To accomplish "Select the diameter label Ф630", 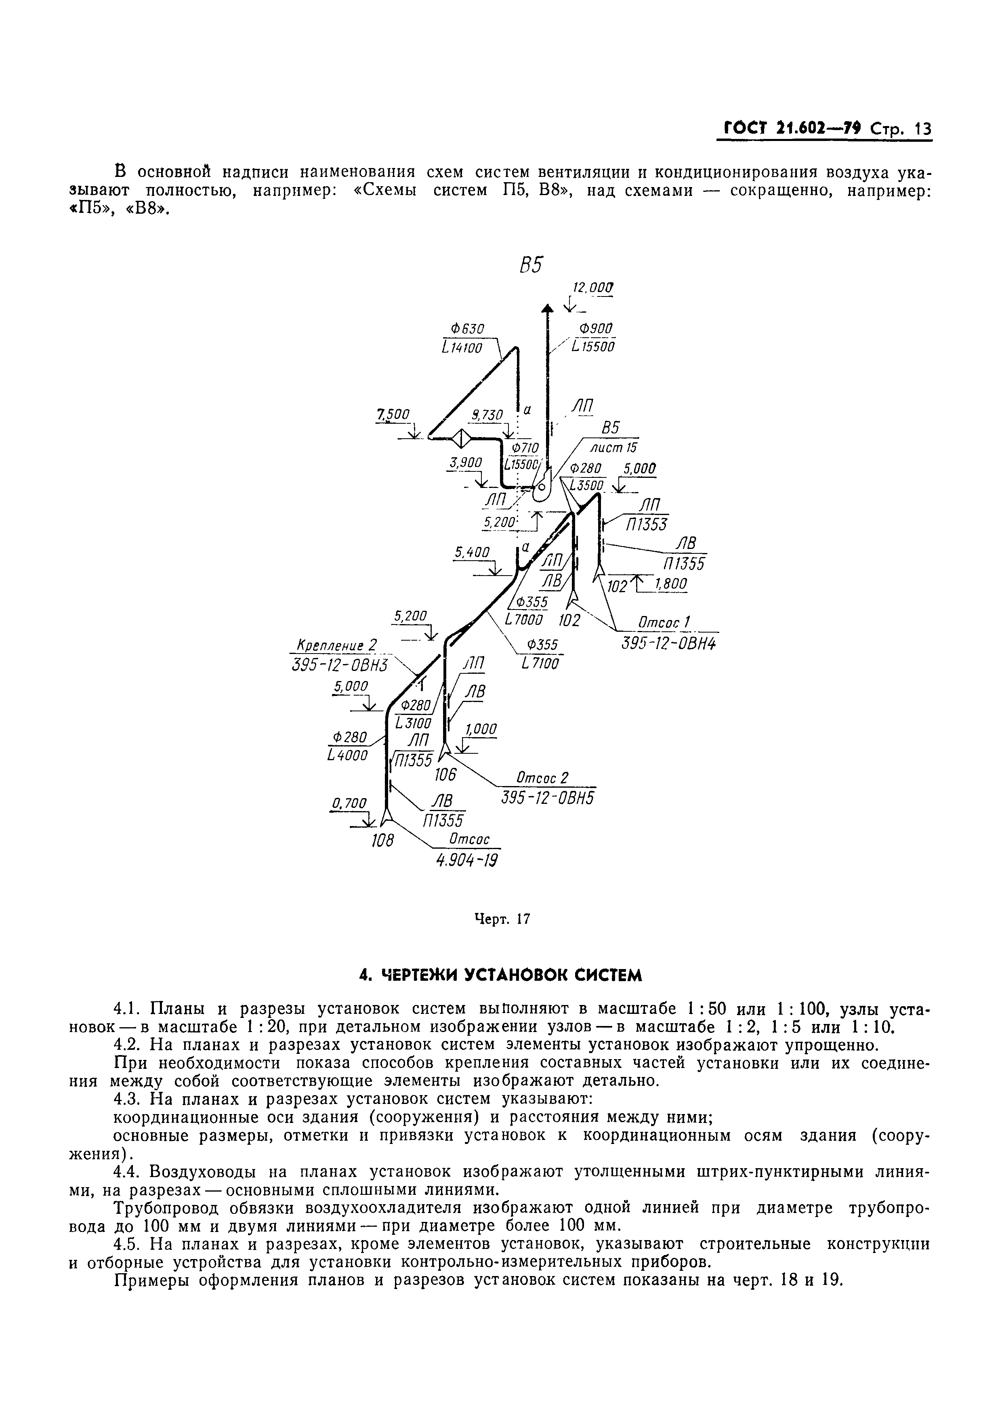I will pos(468,328).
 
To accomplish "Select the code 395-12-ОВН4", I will pos(670,643).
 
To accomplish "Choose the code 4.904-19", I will pos(466,860).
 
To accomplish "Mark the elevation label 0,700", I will pos(349,803).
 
